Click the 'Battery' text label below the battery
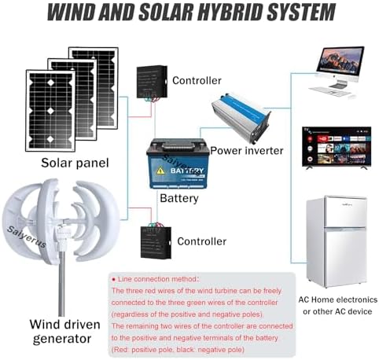178,199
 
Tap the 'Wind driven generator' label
60,331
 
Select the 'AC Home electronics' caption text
335,300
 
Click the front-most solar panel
50,109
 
